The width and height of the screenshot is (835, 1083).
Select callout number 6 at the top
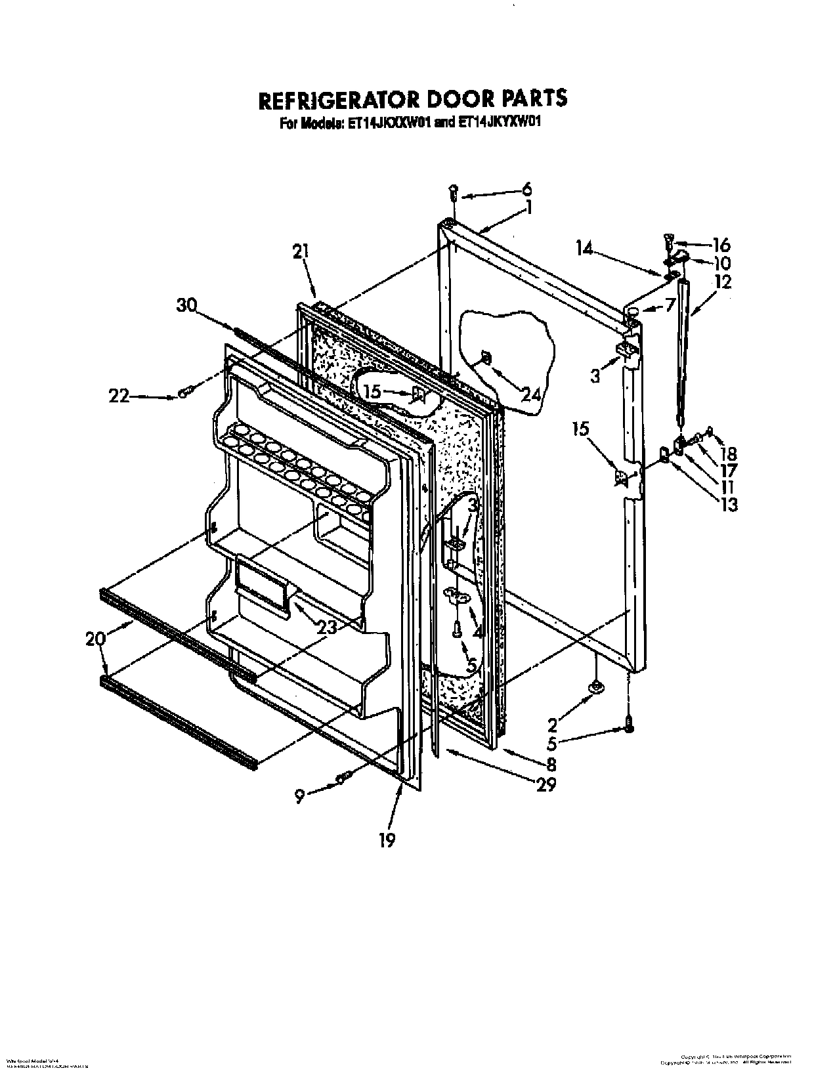[526, 190]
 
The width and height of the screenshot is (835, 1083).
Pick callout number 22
[120, 396]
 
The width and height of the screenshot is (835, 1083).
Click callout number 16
[721, 245]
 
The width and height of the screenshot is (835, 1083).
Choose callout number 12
[722, 282]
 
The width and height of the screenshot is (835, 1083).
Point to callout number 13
[727, 505]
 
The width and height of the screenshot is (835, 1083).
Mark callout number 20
[95, 638]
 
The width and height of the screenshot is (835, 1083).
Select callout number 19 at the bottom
[387, 840]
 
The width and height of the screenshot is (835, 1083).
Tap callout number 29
[546, 784]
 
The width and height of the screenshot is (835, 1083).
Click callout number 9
[300, 797]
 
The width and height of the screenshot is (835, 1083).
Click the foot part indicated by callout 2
[596, 687]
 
